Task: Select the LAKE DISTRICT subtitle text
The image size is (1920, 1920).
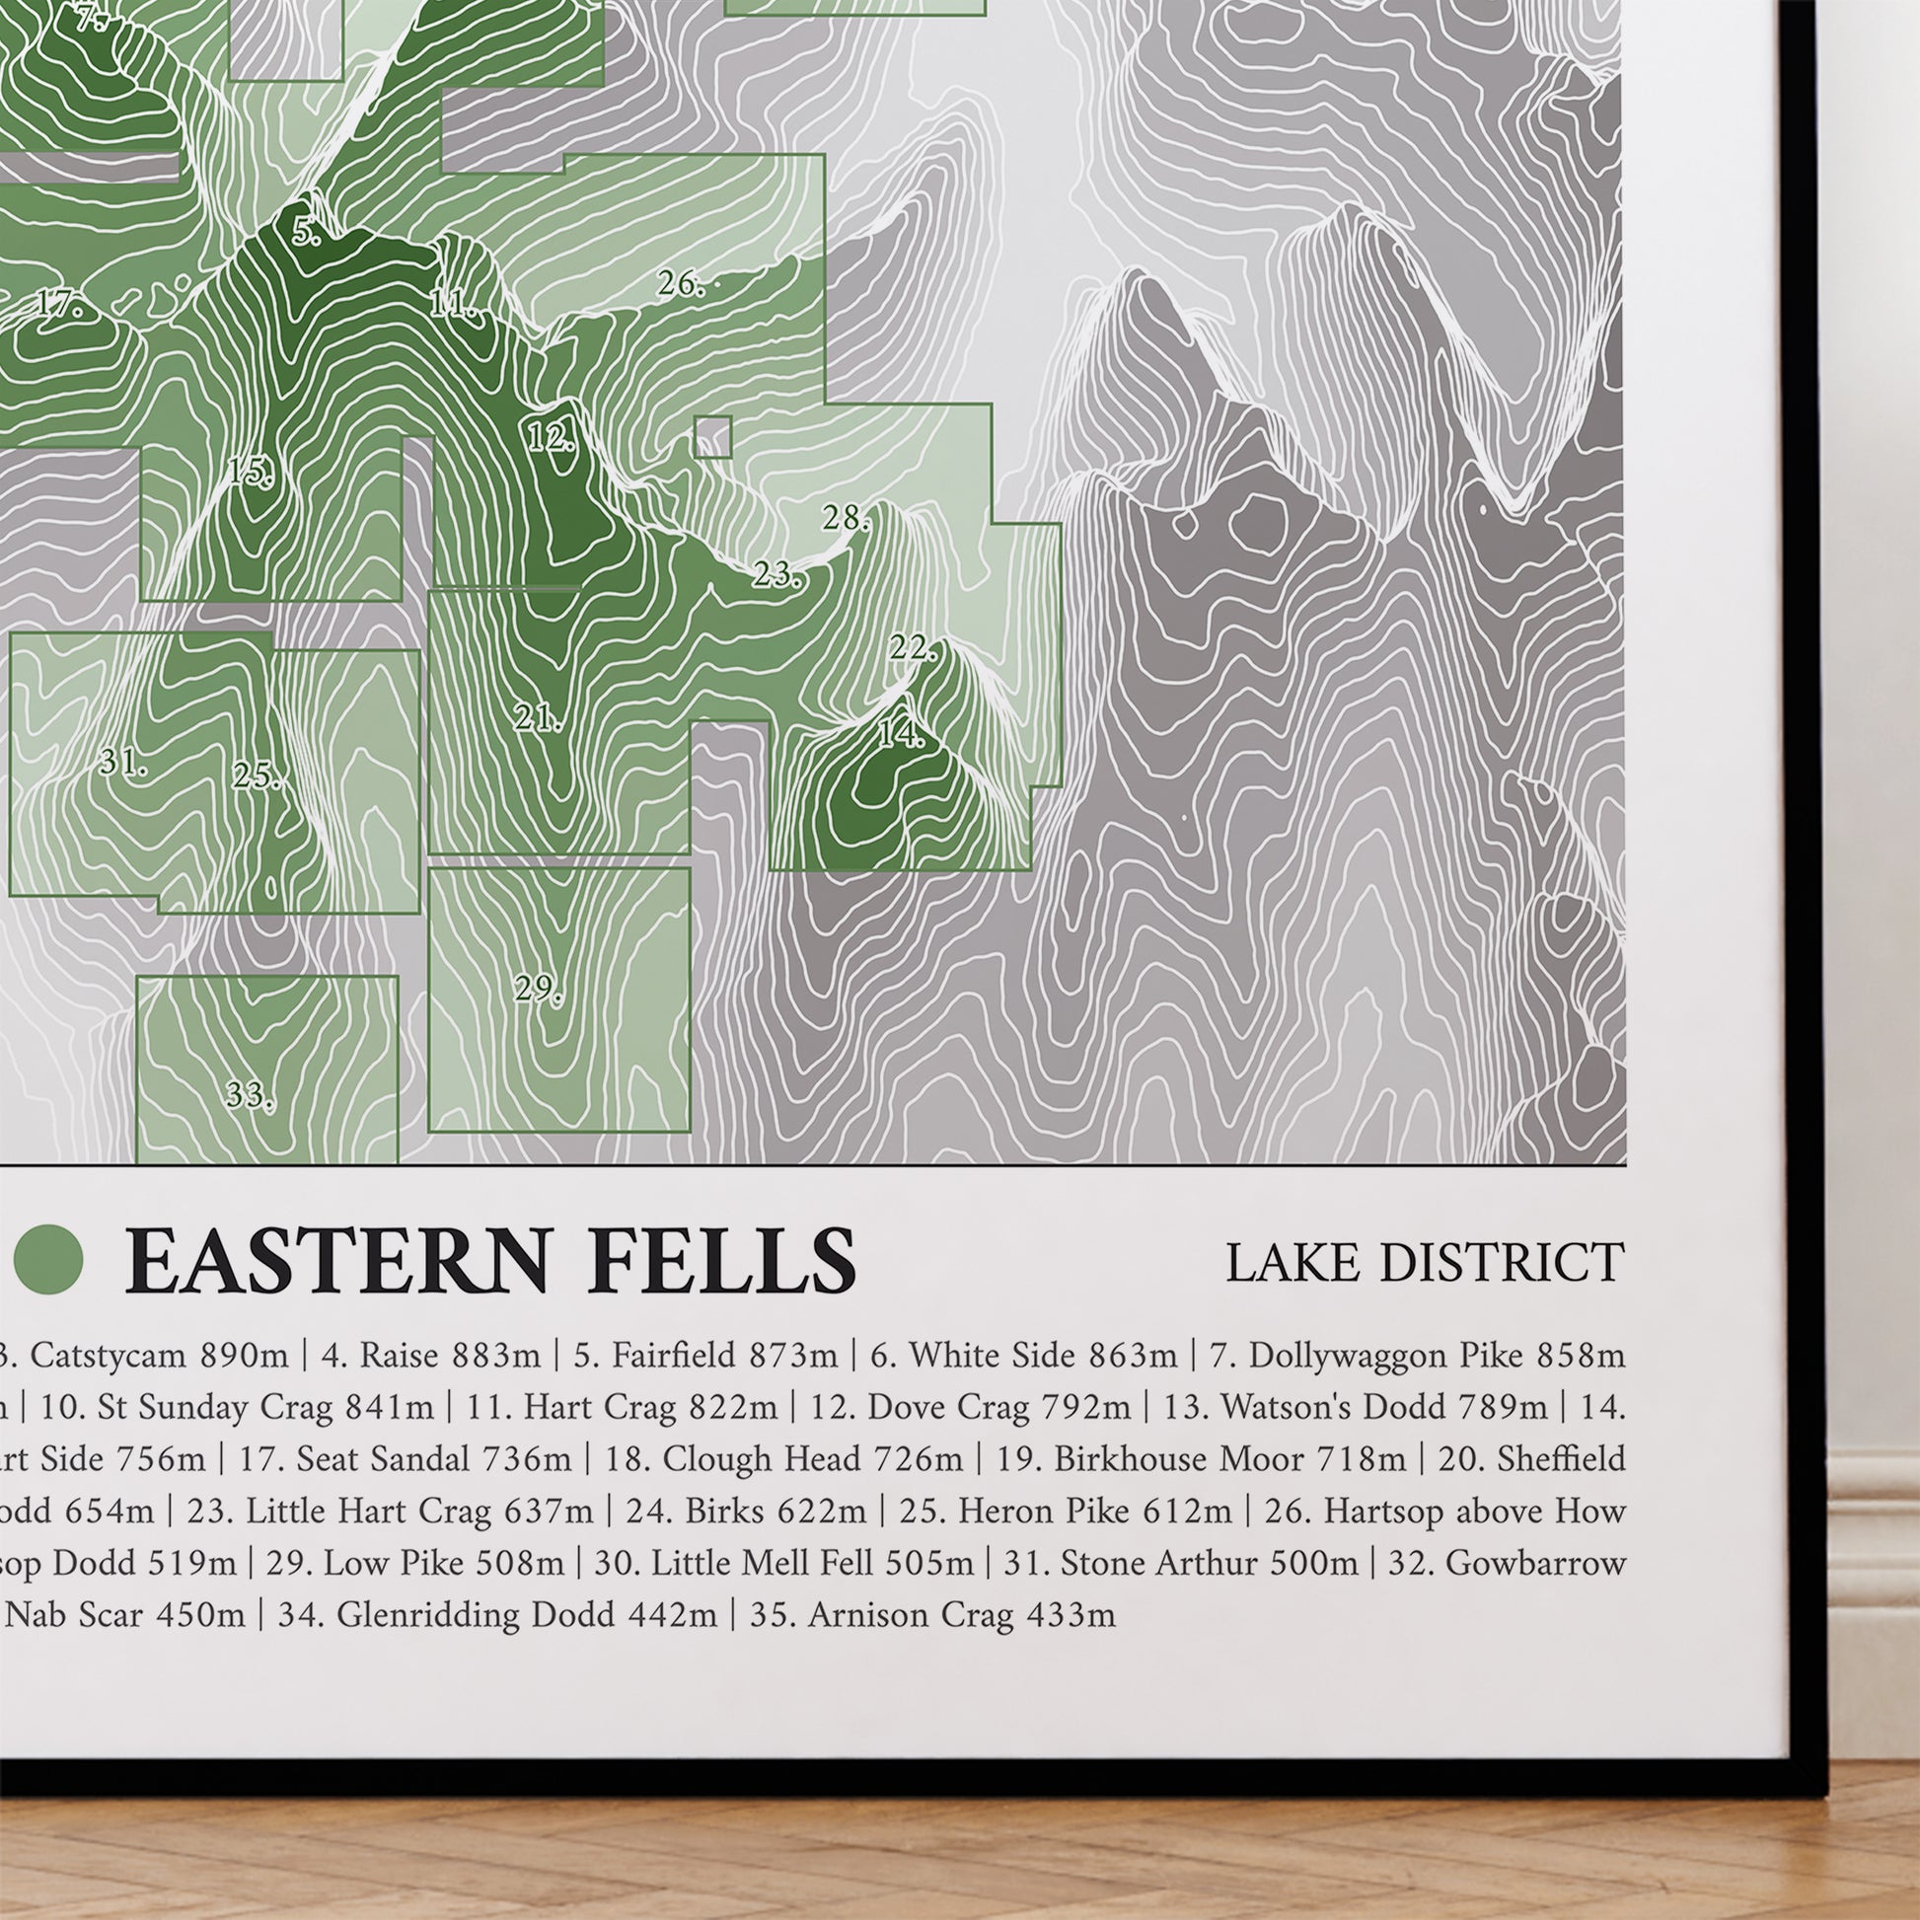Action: click(1424, 1263)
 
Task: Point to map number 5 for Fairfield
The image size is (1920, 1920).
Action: click(306, 232)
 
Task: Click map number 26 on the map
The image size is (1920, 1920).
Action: click(680, 284)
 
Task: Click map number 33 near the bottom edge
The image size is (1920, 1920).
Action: click(249, 1095)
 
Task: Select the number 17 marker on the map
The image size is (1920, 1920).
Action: click(59, 302)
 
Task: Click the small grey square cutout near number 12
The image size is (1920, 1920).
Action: click(712, 436)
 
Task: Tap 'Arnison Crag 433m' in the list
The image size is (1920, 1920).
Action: click(960, 1614)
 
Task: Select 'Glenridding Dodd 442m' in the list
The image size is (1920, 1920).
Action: click(526, 1614)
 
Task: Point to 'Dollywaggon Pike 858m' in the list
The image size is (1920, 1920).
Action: click(1435, 1355)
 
